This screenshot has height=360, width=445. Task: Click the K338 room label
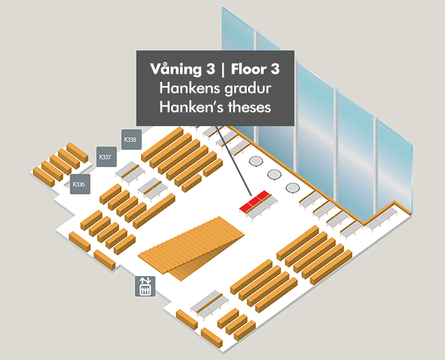(129, 140)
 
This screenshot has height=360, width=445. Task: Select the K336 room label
(79, 184)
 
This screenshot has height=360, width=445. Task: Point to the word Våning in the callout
(174, 70)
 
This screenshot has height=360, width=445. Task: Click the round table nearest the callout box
(256, 162)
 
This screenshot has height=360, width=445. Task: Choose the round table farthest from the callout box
(292, 187)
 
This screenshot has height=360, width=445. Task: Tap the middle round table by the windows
(274, 175)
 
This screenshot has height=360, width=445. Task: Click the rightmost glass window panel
(395, 164)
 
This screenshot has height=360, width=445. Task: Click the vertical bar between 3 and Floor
(222, 70)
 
